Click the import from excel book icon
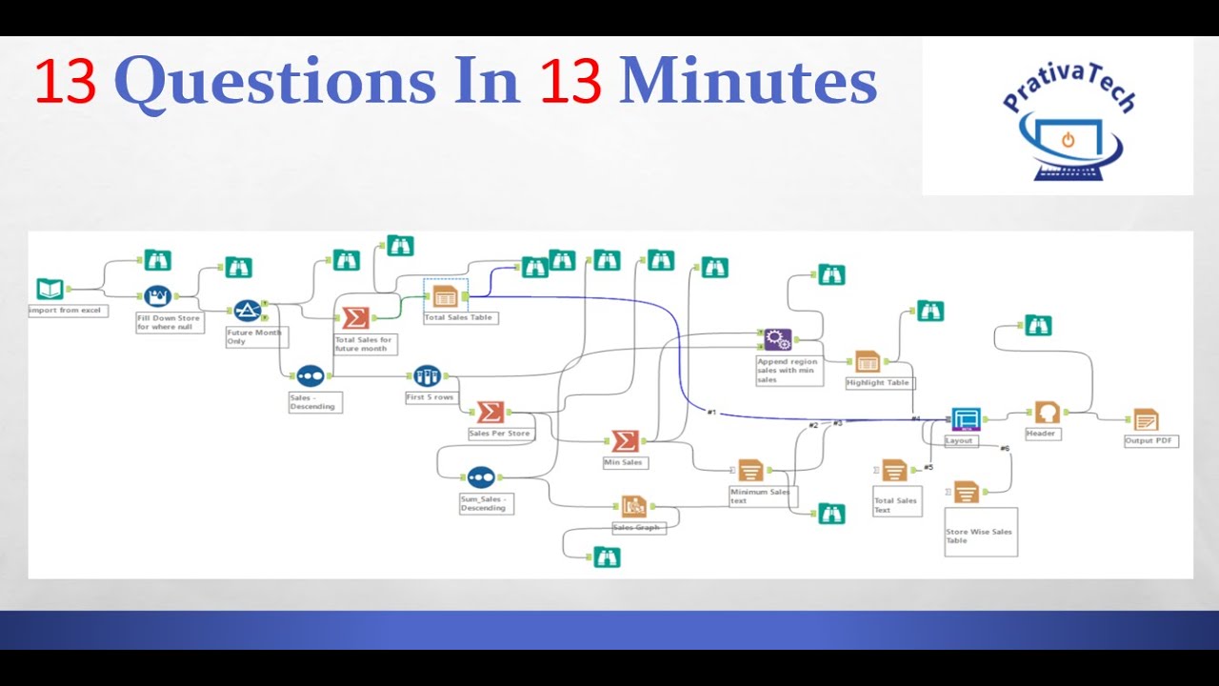pyautogui.click(x=50, y=289)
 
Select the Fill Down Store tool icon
pyautogui.click(x=157, y=295)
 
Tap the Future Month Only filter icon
pyautogui.click(x=248, y=311)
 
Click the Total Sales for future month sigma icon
pyautogui.click(x=355, y=317)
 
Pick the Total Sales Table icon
pyautogui.click(x=445, y=295)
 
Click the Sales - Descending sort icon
pyautogui.click(x=310, y=375)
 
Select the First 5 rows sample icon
pyautogui.click(x=428, y=375)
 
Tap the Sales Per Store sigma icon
pyautogui.click(x=490, y=412)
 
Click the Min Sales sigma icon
pyautogui.click(x=624, y=440)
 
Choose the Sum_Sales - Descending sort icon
pyautogui.click(x=481, y=477)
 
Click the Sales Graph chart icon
pyautogui.click(x=634, y=506)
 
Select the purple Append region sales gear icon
pyautogui.click(x=778, y=339)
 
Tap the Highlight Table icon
pyautogui.click(x=867, y=361)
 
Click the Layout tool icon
pyautogui.click(x=965, y=418)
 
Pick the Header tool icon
pyautogui.click(x=1047, y=413)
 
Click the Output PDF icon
pyautogui.click(x=1146, y=419)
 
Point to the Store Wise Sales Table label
pyautogui.click(x=979, y=536)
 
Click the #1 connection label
pyautogui.click(x=711, y=413)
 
